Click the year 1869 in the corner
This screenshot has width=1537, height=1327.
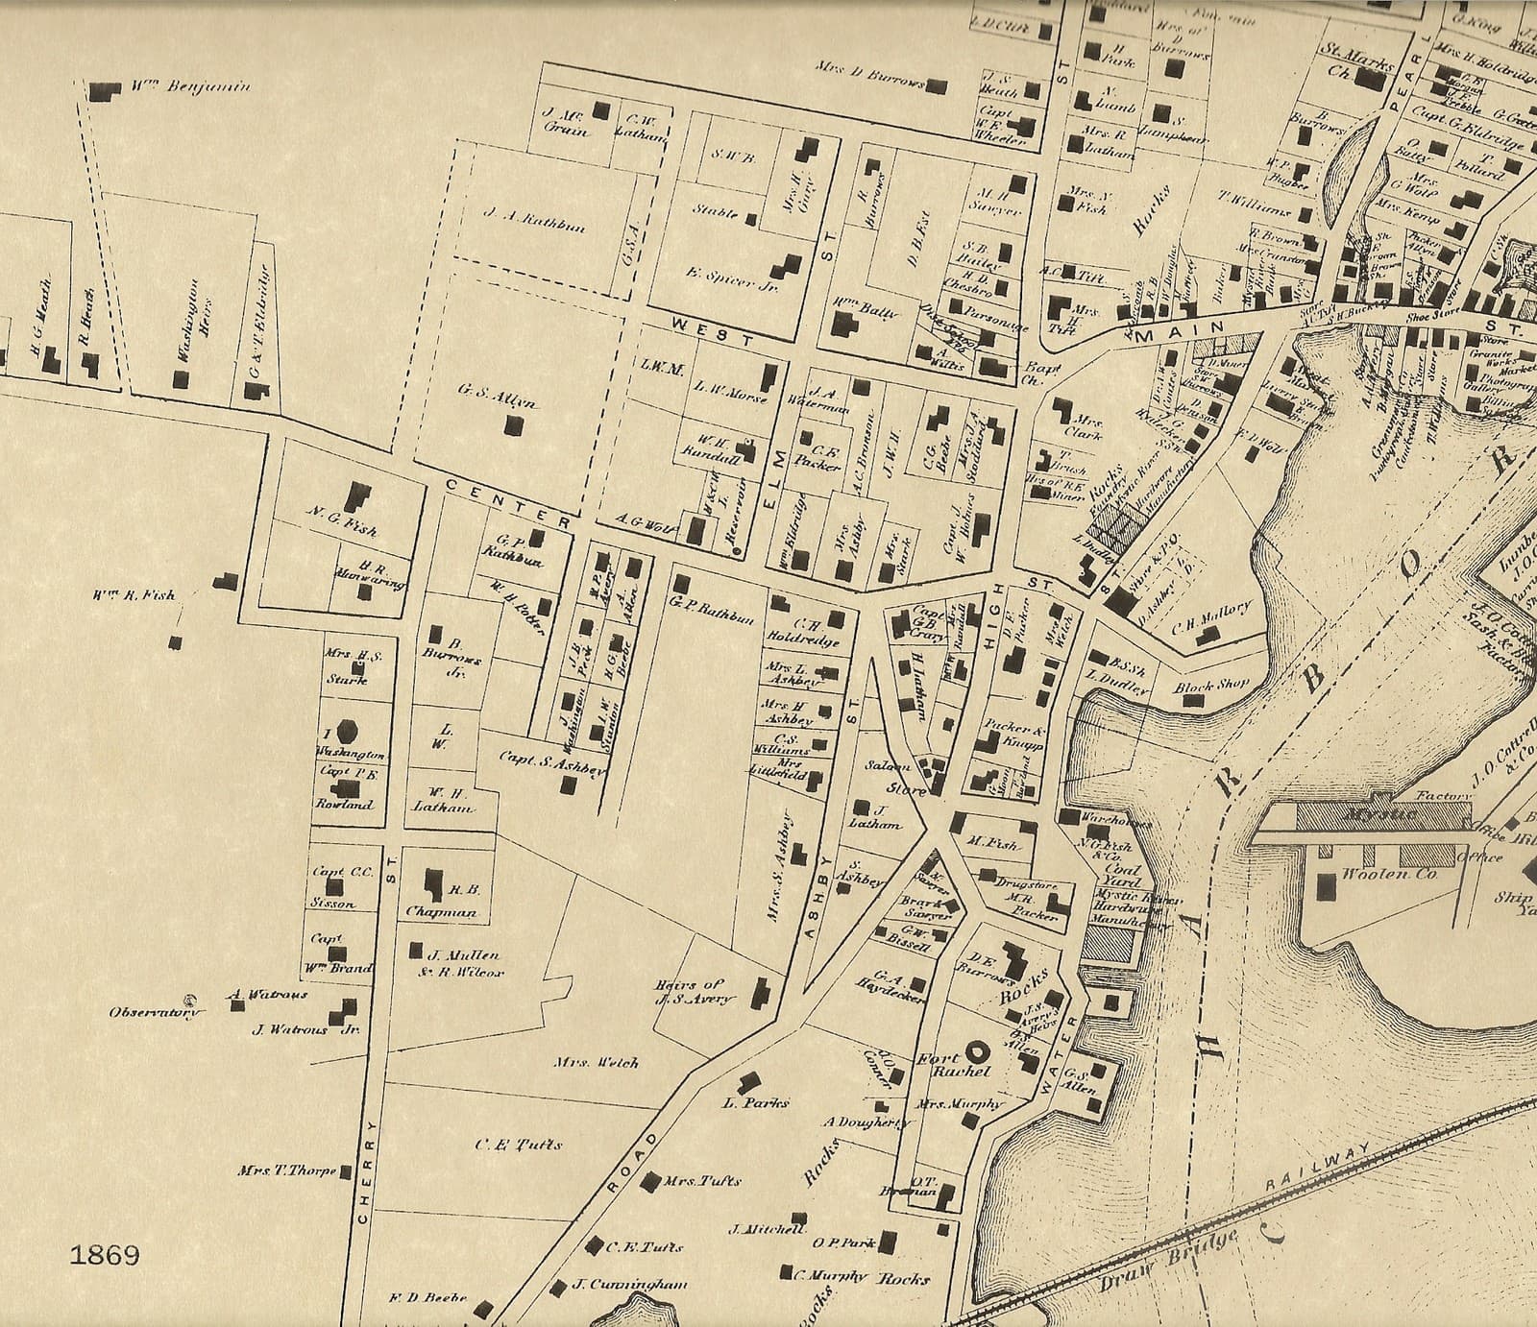(105, 1255)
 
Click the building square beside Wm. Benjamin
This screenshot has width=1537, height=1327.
(99, 91)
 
